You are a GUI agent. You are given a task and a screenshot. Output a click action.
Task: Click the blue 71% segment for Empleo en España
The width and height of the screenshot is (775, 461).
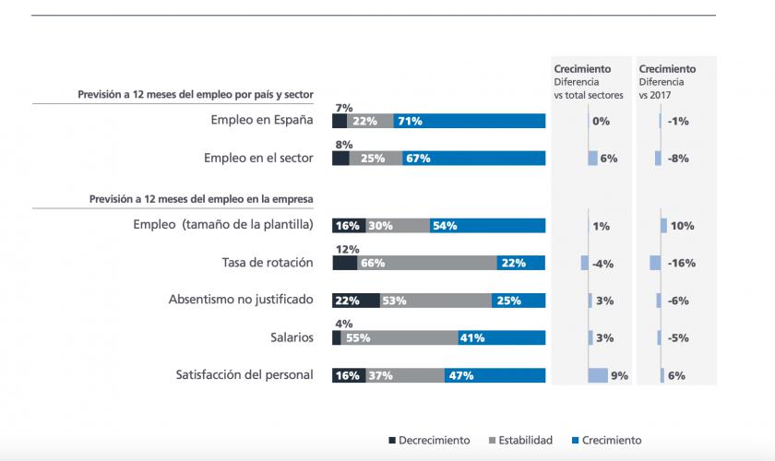(x=469, y=121)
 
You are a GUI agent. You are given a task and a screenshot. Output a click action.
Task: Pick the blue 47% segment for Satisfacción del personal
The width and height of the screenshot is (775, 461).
(x=495, y=375)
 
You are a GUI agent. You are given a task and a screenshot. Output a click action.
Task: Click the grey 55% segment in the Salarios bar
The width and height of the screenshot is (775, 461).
(x=399, y=337)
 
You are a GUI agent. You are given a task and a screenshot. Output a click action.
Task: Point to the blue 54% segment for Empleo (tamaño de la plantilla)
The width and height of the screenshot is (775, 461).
(x=487, y=226)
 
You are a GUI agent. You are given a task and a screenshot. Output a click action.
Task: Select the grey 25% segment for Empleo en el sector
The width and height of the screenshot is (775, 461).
(x=376, y=159)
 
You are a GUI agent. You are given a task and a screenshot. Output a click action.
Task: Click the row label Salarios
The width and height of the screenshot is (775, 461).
(x=289, y=337)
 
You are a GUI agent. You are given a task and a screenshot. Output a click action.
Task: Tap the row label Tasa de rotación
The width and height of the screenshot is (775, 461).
(x=268, y=263)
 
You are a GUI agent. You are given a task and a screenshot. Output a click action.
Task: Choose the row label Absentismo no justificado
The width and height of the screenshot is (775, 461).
(x=241, y=300)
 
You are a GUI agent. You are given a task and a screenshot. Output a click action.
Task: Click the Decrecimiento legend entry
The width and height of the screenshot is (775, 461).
(x=428, y=440)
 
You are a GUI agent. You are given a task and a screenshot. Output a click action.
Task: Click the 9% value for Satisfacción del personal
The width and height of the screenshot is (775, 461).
(x=619, y=375)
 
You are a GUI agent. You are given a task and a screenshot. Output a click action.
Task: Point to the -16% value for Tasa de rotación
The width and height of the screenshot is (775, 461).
(x=682, y=263)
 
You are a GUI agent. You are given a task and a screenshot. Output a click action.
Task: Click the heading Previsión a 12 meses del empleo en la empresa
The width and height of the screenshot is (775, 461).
(x=201, y=197)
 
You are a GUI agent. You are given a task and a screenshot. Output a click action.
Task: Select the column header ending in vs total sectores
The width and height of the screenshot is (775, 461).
(x=588, y=81)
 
